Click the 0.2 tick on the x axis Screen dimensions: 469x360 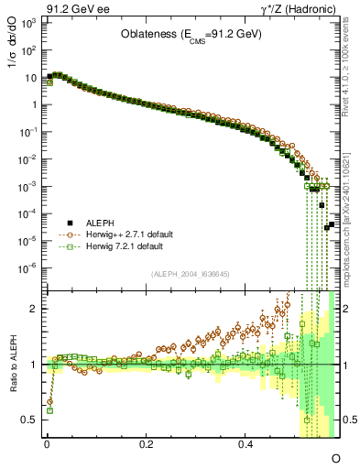pos(146,443)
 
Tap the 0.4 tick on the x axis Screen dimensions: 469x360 pos(245,443)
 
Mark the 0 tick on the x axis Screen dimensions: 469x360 pos(47,443)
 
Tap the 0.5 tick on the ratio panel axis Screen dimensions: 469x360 pos(28,420)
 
